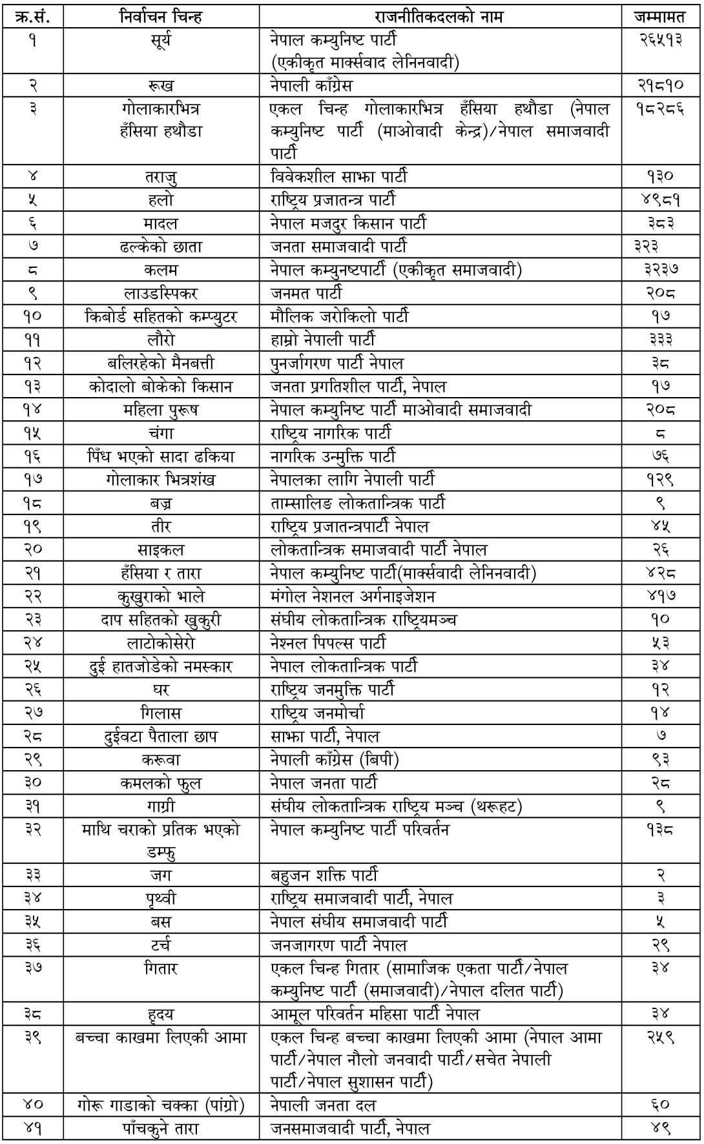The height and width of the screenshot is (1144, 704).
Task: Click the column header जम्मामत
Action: coord(660,16)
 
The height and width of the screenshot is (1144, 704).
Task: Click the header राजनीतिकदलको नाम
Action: coord(439,16)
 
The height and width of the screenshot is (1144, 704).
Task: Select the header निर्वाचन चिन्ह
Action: coord(161,16)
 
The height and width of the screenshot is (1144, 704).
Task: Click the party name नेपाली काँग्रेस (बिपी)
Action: coord(335,759)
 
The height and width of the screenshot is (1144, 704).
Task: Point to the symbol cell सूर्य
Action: coord(161,40)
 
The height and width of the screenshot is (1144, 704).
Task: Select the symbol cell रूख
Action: coord(161,85)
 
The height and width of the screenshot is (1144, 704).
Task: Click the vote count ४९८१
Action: coord(660,200)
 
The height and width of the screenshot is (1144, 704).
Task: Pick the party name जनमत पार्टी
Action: coord(306,293)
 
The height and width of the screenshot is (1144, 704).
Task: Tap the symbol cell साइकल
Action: coord(161,549)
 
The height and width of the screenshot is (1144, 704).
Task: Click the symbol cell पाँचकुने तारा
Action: coord(161,1128)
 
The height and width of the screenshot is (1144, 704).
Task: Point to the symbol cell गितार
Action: coord(161,968)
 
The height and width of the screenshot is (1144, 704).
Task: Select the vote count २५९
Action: coord(660,1037)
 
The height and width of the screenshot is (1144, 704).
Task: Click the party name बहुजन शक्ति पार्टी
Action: coord(324,875)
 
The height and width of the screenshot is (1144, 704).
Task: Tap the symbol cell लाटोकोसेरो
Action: coord(161,642)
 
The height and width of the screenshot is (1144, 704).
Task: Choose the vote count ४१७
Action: coord(660,596)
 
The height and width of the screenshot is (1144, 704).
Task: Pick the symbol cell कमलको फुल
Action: coord(161,782)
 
